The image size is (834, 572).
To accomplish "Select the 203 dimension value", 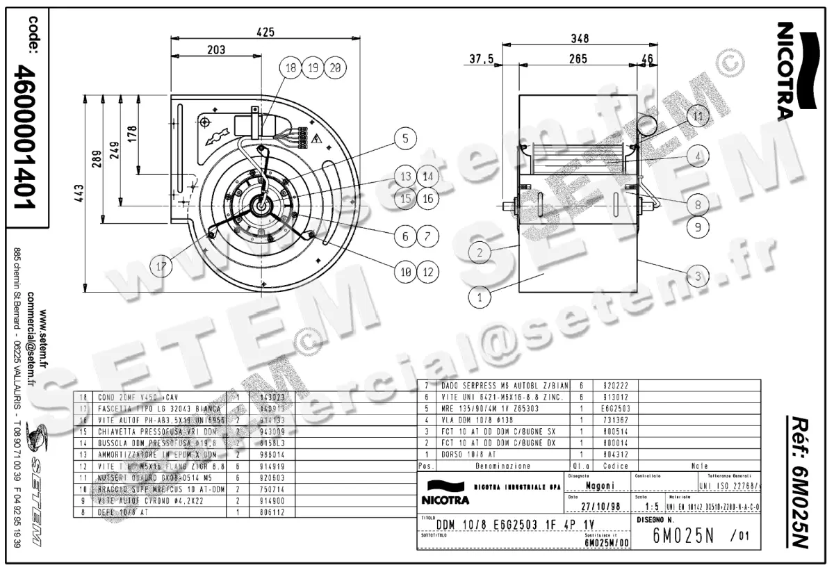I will coord(216,49).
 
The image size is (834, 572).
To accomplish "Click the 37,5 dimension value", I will coord(481,60).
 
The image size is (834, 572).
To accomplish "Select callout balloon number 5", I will coord(405,138).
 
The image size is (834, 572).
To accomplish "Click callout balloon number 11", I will coord(698,115).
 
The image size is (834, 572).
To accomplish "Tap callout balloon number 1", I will coord(479,298).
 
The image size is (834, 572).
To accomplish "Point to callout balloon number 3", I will coord(698,275).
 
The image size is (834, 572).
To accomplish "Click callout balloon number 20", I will coord(335,67).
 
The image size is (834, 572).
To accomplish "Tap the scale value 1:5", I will coord(653,507).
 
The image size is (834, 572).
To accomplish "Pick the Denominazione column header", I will coord(504,466).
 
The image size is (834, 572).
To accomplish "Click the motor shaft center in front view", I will coord(261,206).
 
